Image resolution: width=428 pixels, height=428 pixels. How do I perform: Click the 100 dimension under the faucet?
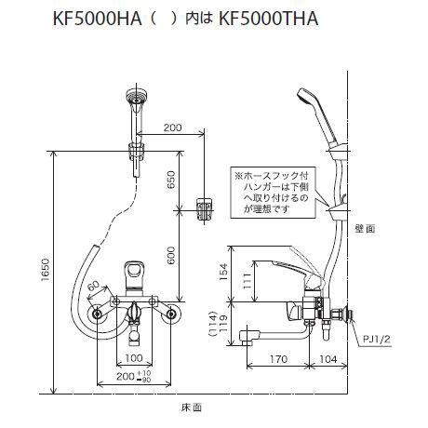[134, 357]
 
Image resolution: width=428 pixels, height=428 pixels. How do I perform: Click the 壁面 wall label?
[365, 227]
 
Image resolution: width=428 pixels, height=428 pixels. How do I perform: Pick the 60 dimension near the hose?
[94, 289]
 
